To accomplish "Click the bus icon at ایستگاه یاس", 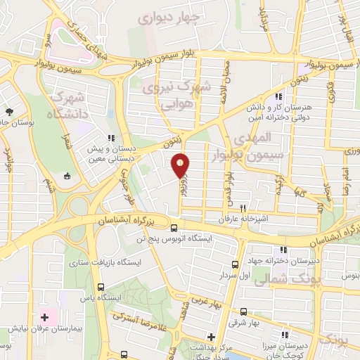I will click(103, 287).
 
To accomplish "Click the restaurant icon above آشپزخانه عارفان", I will click(243, 207).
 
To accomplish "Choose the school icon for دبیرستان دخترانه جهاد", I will click(283, 250).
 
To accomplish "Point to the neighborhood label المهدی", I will click(269, 136).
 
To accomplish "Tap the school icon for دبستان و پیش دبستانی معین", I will click(111, 139).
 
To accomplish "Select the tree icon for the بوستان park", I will click(8, 112).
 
